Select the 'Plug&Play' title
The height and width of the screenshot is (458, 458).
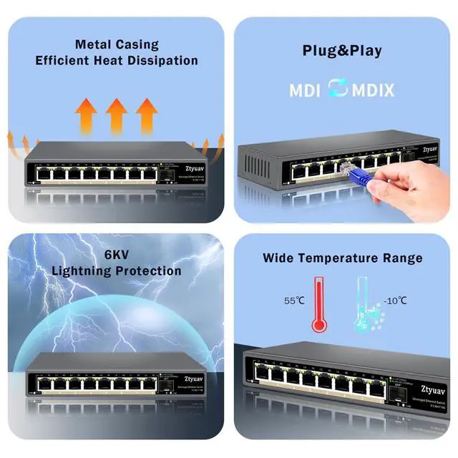click(x=341, y=51)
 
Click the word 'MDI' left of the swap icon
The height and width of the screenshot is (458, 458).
click(x=305, y=91)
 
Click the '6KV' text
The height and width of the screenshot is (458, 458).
click(x=117, y=254)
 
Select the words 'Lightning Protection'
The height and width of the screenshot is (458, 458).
click(x=117, y=271)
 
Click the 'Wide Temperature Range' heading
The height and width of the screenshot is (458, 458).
click(x=342, y=258)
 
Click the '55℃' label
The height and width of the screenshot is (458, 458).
click(x=295, y=301)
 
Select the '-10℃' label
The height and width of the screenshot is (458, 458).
click(x=394, y=301)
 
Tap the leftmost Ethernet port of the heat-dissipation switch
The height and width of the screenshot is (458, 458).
click(x=43, y=174)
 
